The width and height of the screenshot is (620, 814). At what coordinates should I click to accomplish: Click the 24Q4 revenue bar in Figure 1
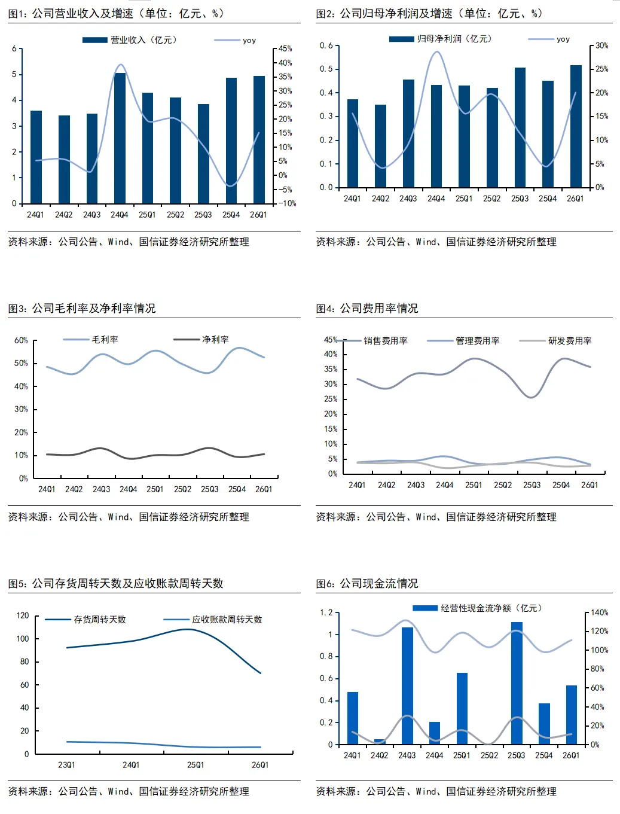point(120,138)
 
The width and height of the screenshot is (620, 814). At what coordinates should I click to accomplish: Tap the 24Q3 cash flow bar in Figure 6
point(407,685)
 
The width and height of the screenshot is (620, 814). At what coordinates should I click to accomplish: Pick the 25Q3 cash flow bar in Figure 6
point(517,683)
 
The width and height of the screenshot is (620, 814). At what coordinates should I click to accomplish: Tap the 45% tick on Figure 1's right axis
point(285,48)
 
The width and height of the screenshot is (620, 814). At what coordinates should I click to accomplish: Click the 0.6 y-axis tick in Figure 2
point(326,45)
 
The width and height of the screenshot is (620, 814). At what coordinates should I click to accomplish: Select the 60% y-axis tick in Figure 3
point(21,340)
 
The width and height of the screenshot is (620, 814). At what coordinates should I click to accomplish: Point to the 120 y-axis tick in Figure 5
point(23,615)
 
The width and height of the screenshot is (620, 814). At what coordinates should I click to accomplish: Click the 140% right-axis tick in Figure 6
point(599,612)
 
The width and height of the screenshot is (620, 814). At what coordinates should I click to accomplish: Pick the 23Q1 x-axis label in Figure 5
point(66,765)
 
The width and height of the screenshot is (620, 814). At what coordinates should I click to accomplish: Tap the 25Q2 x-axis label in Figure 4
point(503,485)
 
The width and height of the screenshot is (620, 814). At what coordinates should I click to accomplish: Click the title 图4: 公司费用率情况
point(367,309)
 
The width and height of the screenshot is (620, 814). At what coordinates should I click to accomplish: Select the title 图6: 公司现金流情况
point(367,583)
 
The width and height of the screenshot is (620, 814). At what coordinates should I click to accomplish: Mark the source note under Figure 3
point(129,517)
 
